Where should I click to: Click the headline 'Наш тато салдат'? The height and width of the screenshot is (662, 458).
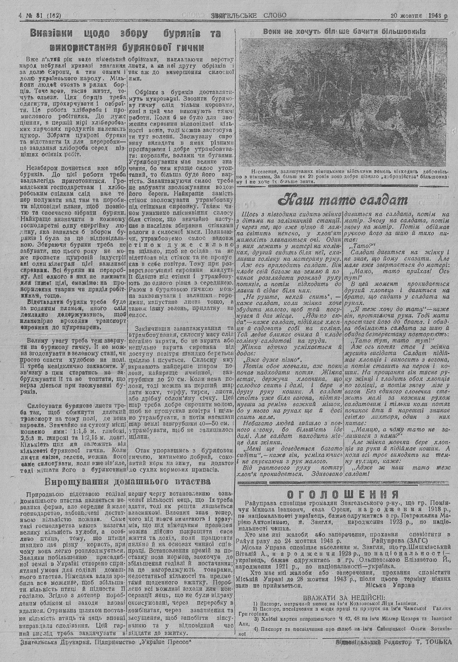(343, 201)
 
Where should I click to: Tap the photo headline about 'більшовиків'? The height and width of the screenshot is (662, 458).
(344, 32)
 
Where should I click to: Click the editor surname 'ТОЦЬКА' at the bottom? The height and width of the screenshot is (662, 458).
(437, 642)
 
